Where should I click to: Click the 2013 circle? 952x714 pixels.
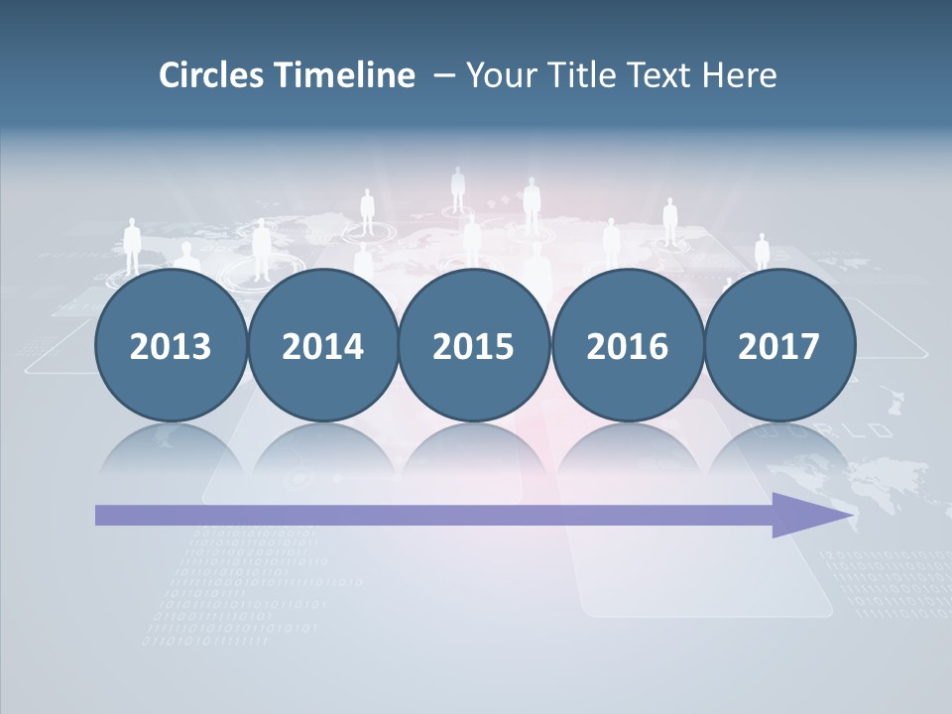(171, 345)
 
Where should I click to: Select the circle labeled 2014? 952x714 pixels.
(322, 345)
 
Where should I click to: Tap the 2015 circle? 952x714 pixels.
(474, 345)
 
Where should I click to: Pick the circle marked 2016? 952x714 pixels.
(627, 345)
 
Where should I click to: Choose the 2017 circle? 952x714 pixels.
(778, 345)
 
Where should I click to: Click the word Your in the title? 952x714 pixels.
(500, 75)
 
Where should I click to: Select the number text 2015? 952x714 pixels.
(474, 346)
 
